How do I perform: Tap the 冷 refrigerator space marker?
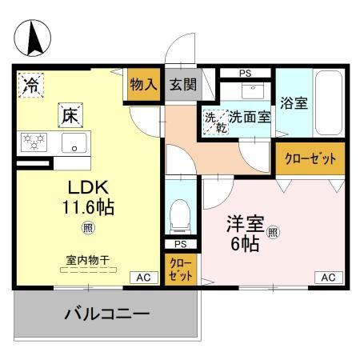point(32,83)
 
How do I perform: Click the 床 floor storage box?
point(66,114)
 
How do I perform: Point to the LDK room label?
point(82,188)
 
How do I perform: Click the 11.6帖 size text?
point(88,208)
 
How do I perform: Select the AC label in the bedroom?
point(328,277)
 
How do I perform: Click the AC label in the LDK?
point(142,277)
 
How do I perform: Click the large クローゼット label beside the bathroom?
point(311,158)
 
